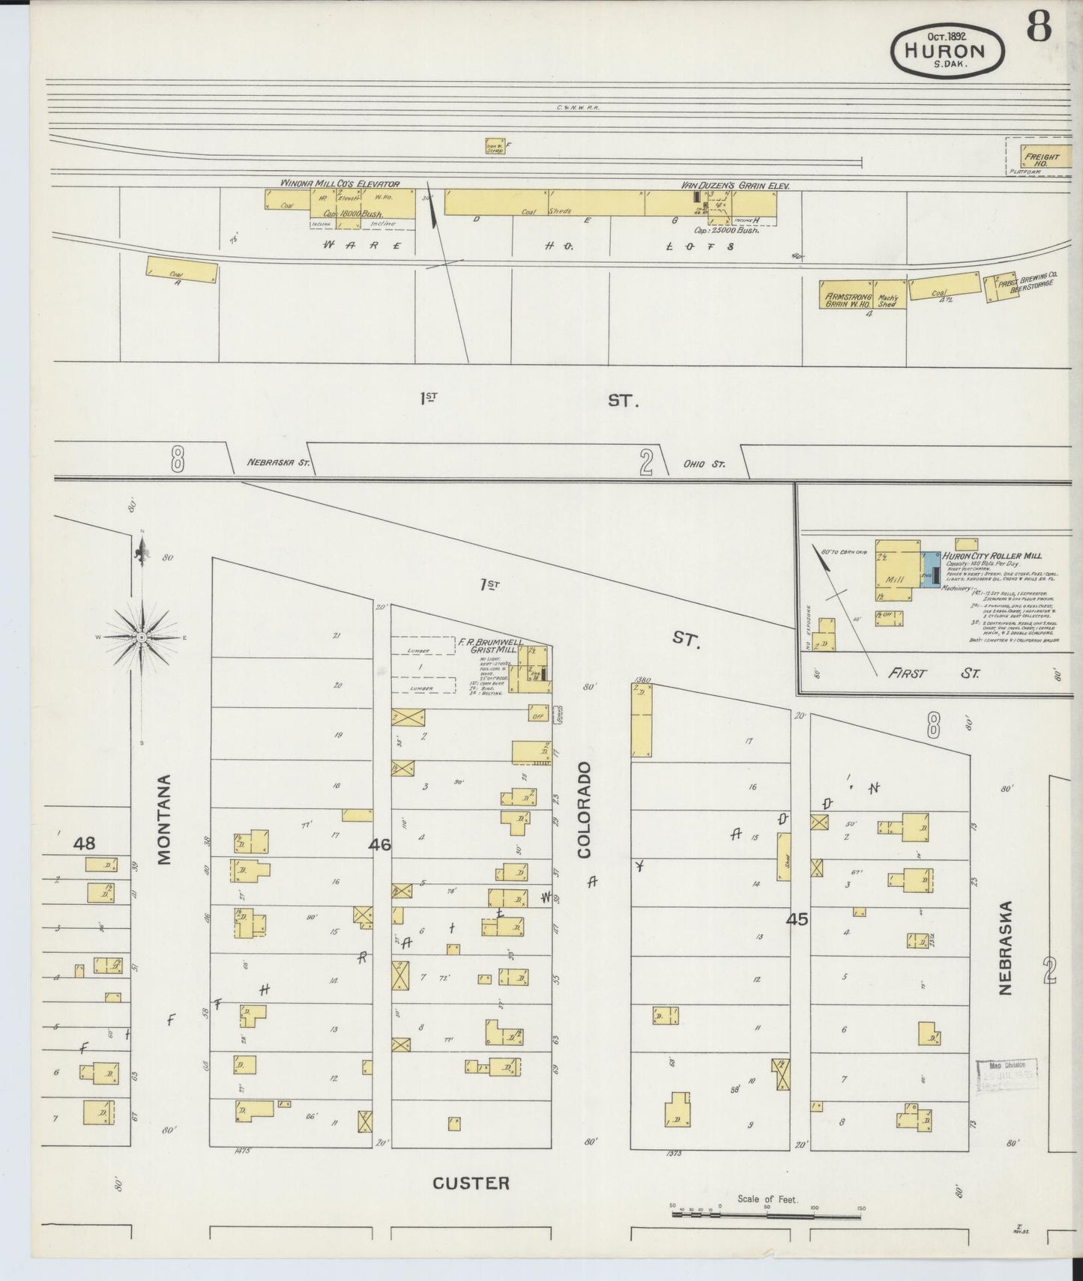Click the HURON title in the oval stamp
[947, 50]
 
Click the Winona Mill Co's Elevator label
[340, 184]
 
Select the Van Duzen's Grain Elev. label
[735, 185]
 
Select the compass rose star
[141, 637]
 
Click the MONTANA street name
[165, 820]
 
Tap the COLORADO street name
[584, 809]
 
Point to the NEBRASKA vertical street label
[1005, 948]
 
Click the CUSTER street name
[471, 1183]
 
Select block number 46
[379, 844]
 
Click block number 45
[797, 918]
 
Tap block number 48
[84, 844]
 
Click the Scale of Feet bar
[766, 1214]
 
